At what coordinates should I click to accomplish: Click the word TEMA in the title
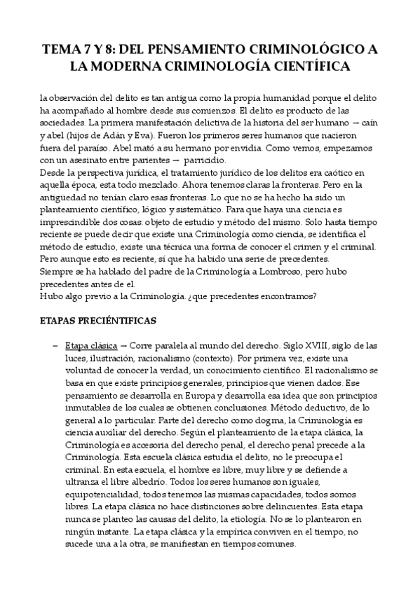click(x=62, y=49)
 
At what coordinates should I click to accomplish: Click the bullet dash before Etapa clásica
click(x=55, y=345)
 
